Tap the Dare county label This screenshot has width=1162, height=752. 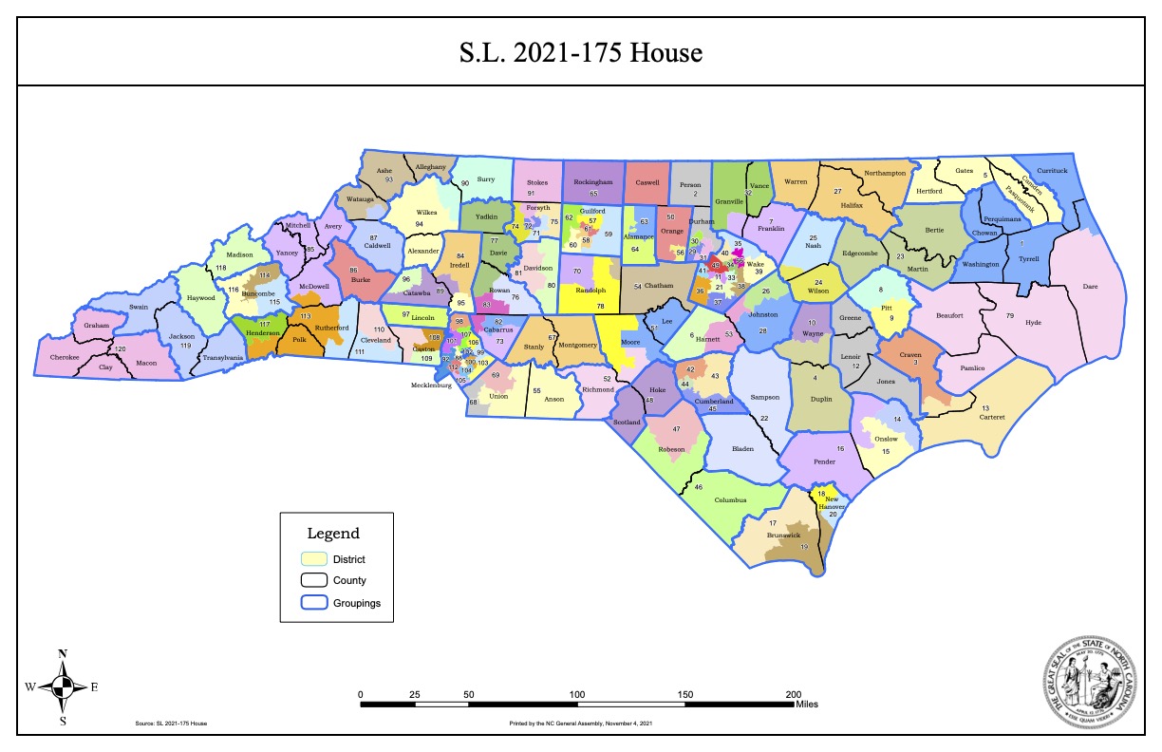point(1089,285)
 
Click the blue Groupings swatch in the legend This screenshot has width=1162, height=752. point(313,602)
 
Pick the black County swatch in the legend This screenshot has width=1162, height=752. point(313,580)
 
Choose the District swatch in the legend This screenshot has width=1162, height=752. point(313,558)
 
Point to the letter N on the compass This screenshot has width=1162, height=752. point(63,653)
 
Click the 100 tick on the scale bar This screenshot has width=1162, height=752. point(576,694)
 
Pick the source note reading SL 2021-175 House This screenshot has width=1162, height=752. point(172,724)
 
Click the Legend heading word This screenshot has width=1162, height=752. point(333,534)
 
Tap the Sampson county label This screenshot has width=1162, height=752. point(764,397)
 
